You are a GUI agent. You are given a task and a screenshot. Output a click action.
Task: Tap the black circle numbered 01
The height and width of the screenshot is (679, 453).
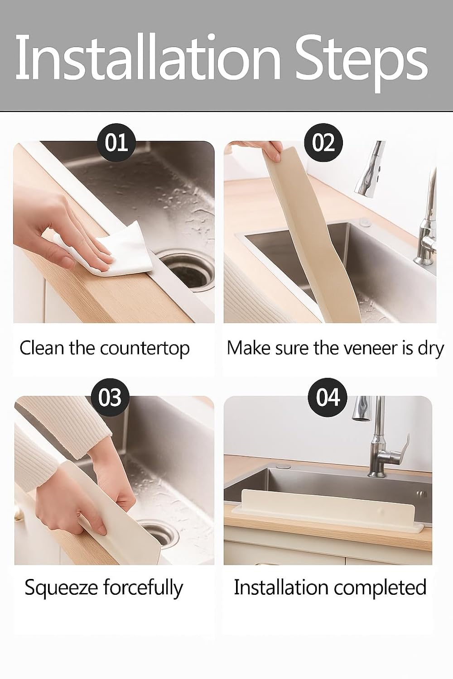116,143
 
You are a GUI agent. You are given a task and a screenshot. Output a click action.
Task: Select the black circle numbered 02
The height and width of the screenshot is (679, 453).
323,143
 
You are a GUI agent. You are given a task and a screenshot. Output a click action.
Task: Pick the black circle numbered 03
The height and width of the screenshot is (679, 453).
110,397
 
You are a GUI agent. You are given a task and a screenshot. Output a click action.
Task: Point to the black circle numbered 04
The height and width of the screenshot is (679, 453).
328,397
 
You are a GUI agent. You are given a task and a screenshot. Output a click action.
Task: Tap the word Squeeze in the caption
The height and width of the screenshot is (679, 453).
61,588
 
